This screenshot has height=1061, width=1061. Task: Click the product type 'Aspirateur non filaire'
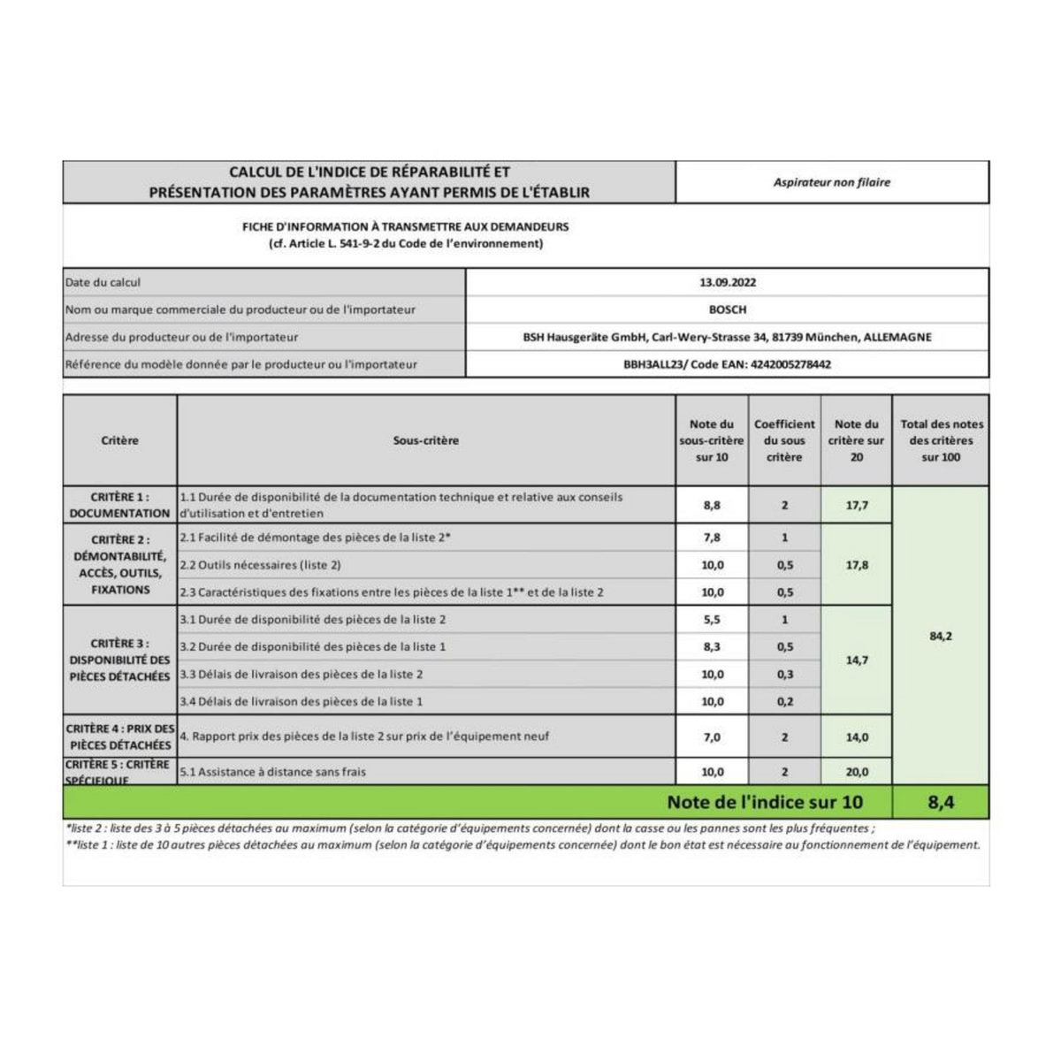click(831, 182)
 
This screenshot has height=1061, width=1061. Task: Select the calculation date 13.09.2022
click(727, 283)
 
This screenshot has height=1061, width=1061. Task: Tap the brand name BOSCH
click(727, 309)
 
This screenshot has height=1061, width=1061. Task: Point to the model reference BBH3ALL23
click(654, 364)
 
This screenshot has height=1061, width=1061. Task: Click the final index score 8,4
click(941, 803)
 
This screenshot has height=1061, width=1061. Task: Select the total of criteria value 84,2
click(941, 636)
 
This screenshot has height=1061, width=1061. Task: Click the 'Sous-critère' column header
click(426, 440)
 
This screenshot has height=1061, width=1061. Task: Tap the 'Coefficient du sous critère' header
click(784, 440)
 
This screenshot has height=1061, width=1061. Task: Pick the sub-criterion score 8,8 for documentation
click(712, 505)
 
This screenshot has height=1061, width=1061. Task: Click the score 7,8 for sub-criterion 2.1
click(712, 538)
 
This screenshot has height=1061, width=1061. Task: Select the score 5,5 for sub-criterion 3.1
click(712, 620)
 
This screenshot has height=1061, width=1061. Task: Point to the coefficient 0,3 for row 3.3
click(784, 675)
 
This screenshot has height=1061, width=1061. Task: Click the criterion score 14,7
click(856, 660)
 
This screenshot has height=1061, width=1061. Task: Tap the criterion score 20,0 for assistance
click(856, 772)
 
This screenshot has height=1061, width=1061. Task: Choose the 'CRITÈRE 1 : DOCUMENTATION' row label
click(119, 505)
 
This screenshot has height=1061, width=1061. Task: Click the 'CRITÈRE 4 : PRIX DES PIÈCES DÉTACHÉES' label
click(119, 737)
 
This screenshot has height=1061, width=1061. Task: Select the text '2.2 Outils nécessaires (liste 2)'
click(261, 565)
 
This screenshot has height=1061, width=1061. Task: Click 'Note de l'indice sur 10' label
click(765, 803)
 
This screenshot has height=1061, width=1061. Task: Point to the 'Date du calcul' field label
click(103, 283)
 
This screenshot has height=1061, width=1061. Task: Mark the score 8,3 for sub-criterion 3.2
click(712, 647)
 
